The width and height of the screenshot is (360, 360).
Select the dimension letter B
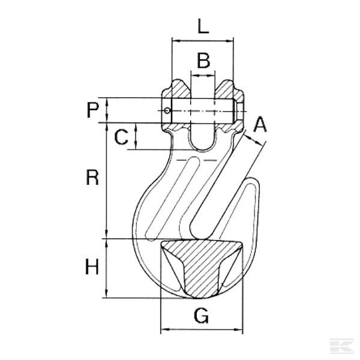click(x=203, y=60)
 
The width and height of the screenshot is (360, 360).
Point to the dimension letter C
click(x=121, y=137)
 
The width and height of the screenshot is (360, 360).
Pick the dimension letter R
click(x=91, y=178)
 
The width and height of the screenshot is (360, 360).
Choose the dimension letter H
click(x=91, y=267)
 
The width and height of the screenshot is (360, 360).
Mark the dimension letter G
click(x=202, y=316)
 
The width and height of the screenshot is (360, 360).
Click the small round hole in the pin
click(x=168, y=110)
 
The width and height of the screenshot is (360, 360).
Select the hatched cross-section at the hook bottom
click(x=201, y=264)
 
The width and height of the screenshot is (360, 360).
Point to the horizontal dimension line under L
click(x=202, y=41)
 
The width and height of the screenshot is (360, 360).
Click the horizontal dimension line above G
click(x=202, y=329)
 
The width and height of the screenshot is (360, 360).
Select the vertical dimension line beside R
click(x=107, y=180)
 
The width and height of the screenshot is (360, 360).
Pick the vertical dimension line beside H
click(x=107, y=268)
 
